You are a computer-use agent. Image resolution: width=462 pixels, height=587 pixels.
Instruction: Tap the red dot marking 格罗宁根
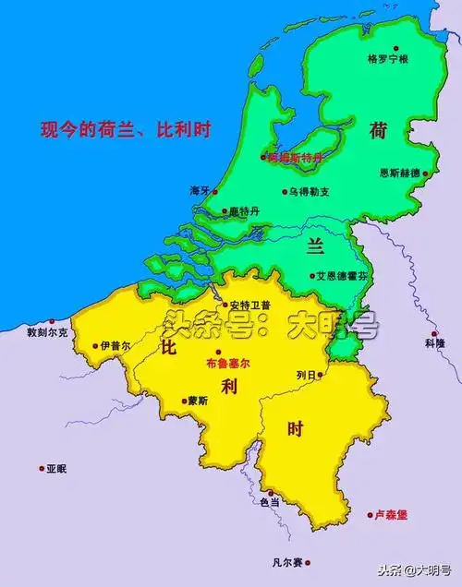pos(397,47)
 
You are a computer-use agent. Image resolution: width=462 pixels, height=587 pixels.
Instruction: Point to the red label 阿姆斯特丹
pos(295,158)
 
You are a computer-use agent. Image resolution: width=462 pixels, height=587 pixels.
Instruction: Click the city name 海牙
pos(200,190)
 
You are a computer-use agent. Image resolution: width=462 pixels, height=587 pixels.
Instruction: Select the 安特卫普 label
pos(251,305)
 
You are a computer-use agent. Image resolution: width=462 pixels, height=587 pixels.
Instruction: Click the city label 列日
pos(309,375)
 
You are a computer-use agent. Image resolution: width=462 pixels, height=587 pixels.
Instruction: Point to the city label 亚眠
pos(55,469)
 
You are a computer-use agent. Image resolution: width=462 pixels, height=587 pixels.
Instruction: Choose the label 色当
pos(269,501)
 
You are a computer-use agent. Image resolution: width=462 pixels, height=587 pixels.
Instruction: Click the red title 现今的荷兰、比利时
pos(126,129)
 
